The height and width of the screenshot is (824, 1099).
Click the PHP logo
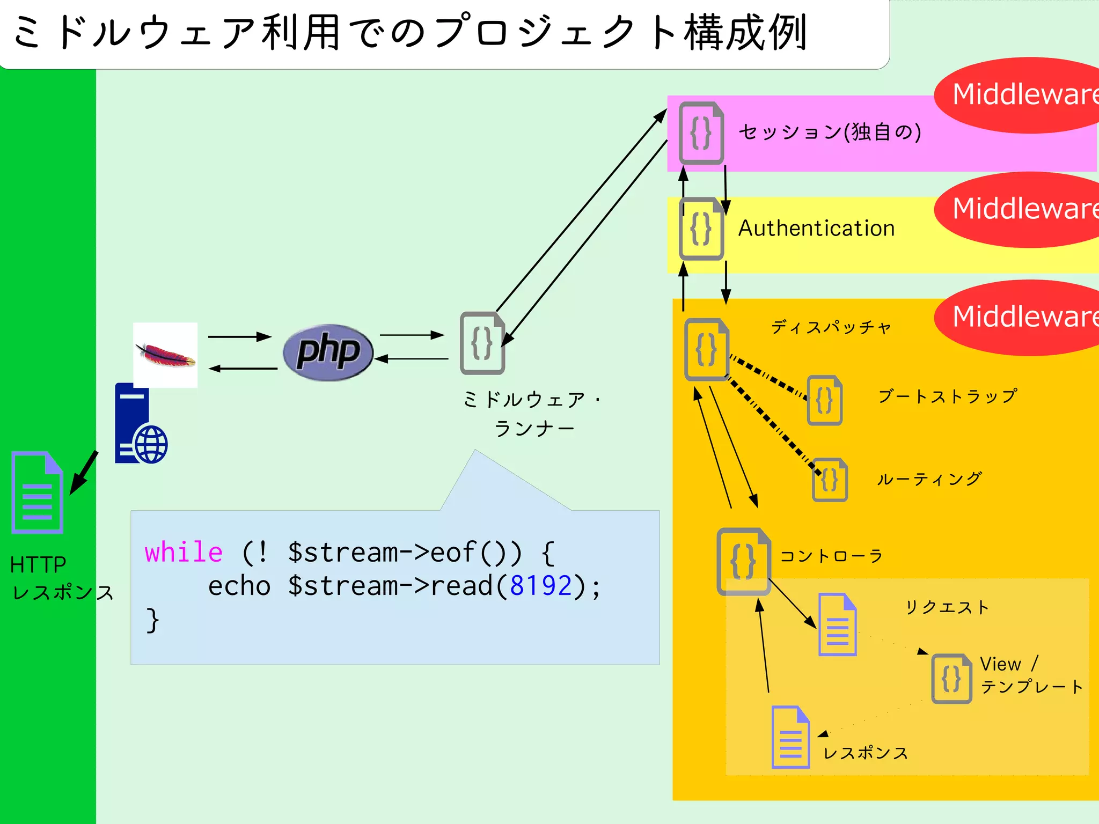click(x=328, y=352)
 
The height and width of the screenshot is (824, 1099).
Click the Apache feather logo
click(x=165, y=355)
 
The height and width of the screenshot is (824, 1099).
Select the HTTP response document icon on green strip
click(x=37, y=492)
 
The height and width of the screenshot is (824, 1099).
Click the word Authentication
click(x=816, y=229)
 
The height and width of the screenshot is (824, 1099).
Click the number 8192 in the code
click(x=540, y=586)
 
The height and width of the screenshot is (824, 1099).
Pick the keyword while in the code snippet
click(x=184, y=552)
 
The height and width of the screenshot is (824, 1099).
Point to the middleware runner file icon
click(x=482, y=343)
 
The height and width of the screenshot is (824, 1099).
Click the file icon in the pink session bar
click(x=701, y=133)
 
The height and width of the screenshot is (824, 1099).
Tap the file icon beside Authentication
click(x=701, y=229)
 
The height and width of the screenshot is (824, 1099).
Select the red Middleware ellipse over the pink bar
click(x=1020, y=95)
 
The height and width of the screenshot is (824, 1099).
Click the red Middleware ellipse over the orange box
click(x=1020, y=317)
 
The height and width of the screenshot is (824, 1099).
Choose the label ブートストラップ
click(x=947, y=396)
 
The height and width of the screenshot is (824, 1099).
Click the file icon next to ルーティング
click(x=830, y=480)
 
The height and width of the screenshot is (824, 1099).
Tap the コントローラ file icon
click(x=743, y=561)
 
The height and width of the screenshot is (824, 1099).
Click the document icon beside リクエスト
click(x=837, y=625)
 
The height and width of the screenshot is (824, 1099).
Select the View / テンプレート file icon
click(x=951, y=679)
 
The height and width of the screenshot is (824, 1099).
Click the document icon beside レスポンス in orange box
click(x=790, y=738)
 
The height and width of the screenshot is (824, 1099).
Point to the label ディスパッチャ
click(x=831, y=327)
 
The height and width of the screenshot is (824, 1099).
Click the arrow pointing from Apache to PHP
click(x=240, y=337)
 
